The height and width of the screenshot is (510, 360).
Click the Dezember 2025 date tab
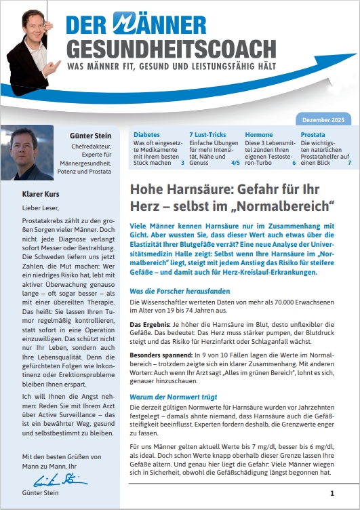pyautogui.click(x=323, y=120)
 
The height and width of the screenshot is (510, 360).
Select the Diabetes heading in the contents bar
pyautogui.click(x=146, y=135)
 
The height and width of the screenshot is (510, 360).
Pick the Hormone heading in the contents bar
pyautogui.click(x=258, y=135)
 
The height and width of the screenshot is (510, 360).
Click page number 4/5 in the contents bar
pyautogui.click(x=235, y=163)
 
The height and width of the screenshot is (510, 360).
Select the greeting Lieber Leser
pyautogui.click(x=41, y=208)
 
